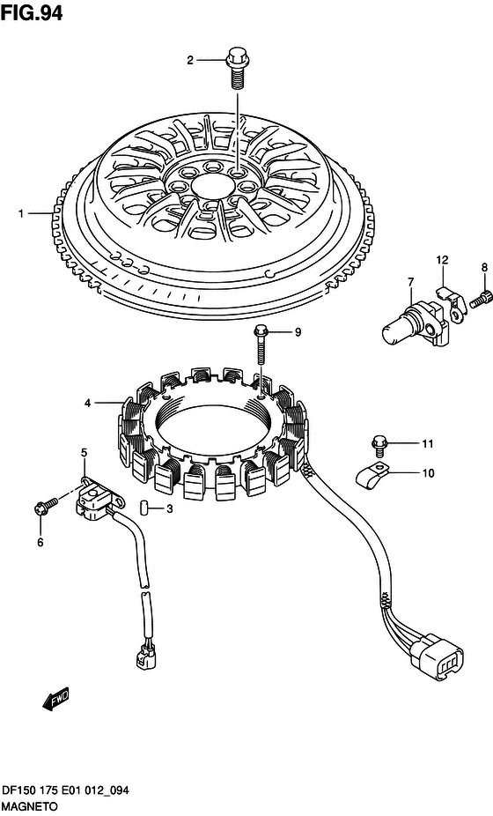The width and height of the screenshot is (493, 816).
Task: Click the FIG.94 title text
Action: coord(32,13)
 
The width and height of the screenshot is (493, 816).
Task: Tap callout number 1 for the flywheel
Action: coord(21,213)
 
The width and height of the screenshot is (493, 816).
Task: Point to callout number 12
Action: coord(442,260)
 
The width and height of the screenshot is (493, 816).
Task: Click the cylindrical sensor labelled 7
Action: coord(415,323)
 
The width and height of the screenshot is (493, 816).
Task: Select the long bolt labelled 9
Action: coord(261,345)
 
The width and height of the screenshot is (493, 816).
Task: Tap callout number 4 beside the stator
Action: coord(88,403)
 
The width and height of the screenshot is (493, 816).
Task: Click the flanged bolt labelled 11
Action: coord(379,444)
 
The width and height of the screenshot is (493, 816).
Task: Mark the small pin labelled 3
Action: coord(145,507)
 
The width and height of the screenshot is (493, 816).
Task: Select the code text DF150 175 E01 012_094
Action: coord(64,791)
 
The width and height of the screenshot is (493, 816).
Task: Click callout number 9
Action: coord(298,331)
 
